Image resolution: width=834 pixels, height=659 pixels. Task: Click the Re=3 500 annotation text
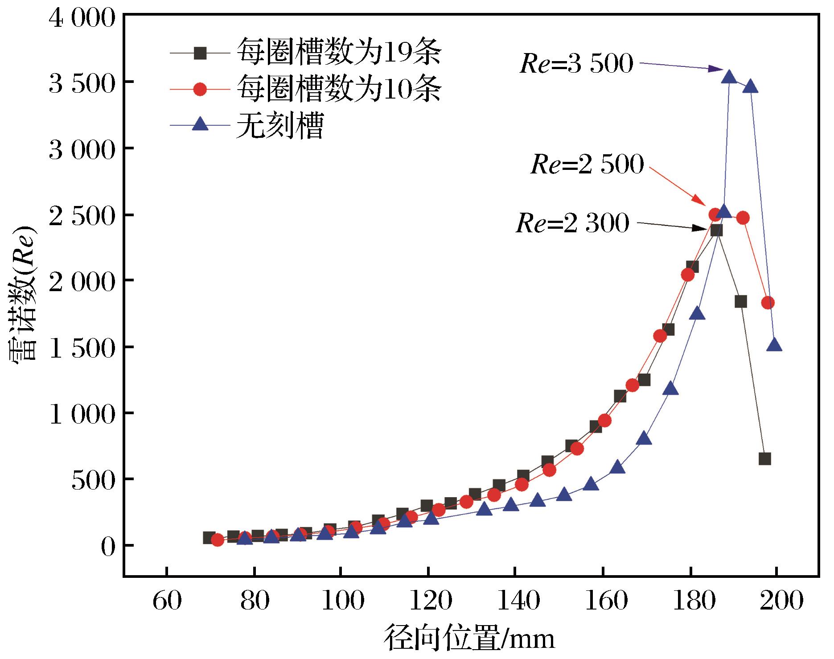pos(576,64)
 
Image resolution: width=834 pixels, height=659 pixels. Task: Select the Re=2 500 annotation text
pos(587,165)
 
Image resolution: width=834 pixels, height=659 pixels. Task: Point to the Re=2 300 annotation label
pos(573,222)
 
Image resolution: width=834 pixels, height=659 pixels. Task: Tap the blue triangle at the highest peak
pos(729,77)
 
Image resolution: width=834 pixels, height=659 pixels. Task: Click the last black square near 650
pos(765,459)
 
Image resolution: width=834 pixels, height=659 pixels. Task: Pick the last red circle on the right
pos(768,303)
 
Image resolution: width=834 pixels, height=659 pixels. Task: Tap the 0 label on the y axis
pos(109,547)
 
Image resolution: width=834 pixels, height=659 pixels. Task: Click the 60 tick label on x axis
pos(167,601)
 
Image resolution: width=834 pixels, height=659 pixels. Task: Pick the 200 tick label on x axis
pos(777,601)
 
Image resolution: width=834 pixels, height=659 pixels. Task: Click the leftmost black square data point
pos(209,538)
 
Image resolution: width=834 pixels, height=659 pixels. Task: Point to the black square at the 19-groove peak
pos(716,230)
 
